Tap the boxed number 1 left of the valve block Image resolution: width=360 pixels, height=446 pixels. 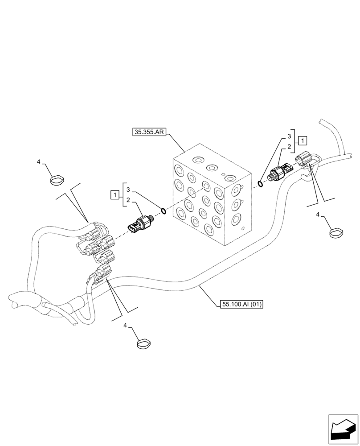pos(115,194)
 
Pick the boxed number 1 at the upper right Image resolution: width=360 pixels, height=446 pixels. pos(303,141)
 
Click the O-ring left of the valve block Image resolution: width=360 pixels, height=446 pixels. pos(164,211)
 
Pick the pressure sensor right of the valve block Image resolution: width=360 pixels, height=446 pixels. pos(279,171)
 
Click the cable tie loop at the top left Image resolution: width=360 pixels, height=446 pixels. pos(57,180)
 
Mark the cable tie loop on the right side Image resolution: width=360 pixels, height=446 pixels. pos(337,233)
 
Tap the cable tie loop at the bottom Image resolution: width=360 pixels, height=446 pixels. pos(143,343)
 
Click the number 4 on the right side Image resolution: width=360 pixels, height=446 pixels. pos(318,215)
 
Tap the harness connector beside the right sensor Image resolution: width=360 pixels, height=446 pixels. pos(304,160)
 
